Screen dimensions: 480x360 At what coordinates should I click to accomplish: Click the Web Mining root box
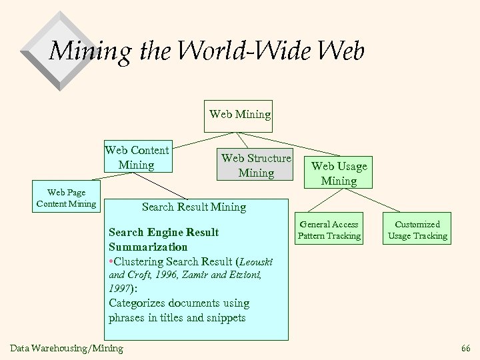tap(240, 114)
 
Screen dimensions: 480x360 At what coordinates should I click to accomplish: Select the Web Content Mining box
tap(137, 157)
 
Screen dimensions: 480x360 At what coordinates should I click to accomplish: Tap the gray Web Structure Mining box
tap(256, 165)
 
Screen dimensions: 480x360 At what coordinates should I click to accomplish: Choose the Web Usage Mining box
tap(339, 173)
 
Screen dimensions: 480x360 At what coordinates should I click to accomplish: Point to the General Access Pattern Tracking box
tap(329, 230)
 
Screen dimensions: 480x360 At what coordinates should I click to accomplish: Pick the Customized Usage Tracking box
tap(418, 230)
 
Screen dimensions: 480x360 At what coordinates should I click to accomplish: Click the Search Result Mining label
tap(194, 207)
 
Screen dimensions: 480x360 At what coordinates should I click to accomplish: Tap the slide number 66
tap(465, 348)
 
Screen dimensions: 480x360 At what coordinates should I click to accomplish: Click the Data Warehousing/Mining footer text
tap(67, 348)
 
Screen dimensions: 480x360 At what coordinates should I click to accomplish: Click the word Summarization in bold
tap(148, 246)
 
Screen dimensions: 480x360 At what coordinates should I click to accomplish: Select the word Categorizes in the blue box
tap(138, 303)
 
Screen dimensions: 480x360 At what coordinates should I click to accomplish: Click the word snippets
tap(223, 317)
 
